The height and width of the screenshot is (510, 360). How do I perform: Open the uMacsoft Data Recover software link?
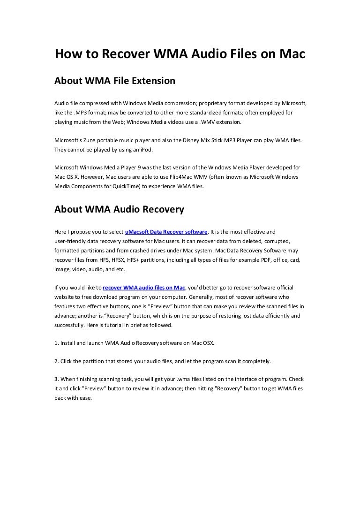point(166,232)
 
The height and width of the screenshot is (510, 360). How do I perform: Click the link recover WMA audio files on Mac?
point(144,287)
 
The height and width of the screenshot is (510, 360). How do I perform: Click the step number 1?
point(56,343)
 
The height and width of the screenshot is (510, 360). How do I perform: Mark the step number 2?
point(56,361)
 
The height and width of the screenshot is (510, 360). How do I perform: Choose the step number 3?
point(56,380)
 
